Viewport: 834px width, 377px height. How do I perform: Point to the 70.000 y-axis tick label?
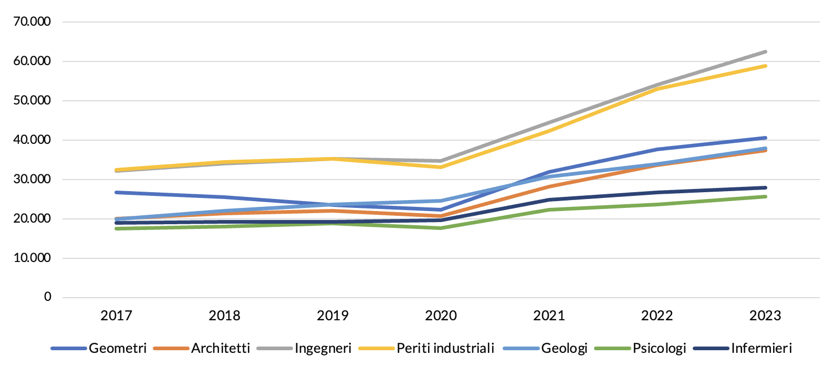pos(32,22)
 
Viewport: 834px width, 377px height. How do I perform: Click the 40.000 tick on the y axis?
pos(32,140)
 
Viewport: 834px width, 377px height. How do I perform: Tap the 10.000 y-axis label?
pos(32,258)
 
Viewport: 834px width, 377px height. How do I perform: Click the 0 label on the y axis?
pos(48,297)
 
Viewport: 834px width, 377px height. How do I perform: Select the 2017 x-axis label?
pos(116,316)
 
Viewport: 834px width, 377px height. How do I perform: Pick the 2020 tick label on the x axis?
pos(441,316)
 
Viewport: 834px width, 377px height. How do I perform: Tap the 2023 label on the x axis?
pos(765,316)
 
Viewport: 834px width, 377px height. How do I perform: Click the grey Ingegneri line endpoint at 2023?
pos(765,51)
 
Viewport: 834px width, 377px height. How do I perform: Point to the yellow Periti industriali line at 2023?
pos(765,66)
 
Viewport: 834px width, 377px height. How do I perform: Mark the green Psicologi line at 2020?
pos(441,228)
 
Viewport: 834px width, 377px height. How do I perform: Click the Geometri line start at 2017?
pos(117,192)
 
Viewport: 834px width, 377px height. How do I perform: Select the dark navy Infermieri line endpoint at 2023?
pos(765,187)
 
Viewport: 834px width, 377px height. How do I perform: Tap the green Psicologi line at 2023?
pos(765,196)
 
